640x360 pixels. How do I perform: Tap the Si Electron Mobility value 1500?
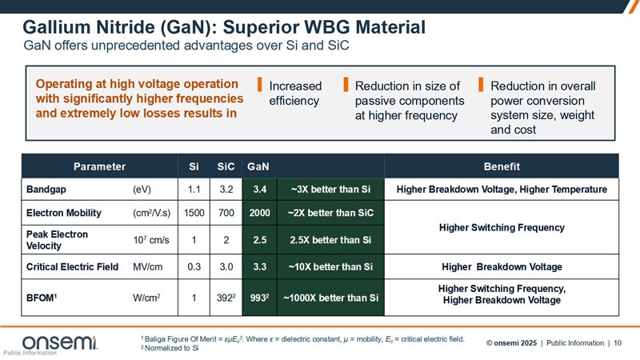coord(194,214)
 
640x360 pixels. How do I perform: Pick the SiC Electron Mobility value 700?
coord(226,214)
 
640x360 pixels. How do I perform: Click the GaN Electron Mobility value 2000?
coord(259,214)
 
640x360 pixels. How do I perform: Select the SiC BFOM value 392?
coord(226,298)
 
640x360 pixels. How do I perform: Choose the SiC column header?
coord(226,167)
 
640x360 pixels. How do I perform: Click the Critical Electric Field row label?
coord(72,266)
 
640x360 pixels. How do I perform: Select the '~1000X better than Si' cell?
coord(327,298)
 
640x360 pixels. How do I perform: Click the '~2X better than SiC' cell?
coord(327,214)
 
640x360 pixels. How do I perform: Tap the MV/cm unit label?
coord(148,266)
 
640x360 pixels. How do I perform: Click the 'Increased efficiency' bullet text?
coord(295,94)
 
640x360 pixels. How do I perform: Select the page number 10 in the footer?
coord(618,343)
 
